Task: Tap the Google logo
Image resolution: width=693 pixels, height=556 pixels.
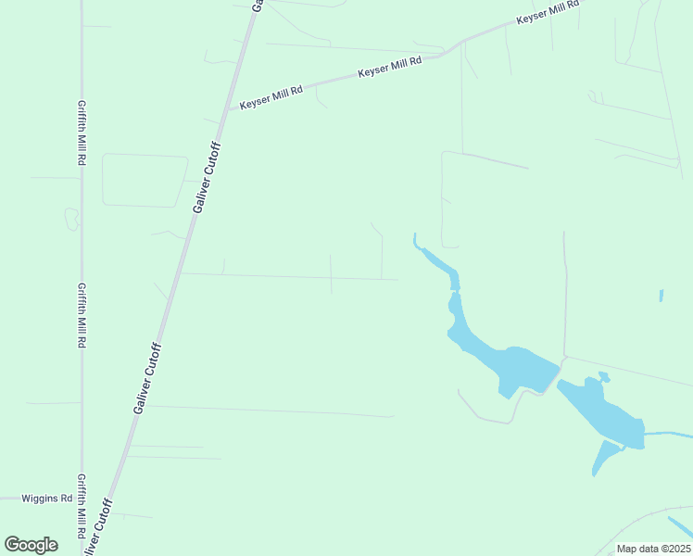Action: (31, 545)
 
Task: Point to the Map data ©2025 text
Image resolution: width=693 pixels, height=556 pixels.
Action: (654, 549)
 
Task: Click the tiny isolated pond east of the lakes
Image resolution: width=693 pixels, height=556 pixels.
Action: (661, 296)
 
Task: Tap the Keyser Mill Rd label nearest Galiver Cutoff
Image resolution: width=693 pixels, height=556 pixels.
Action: (271, 98)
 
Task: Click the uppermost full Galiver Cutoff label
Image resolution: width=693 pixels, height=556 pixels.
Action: (208, 178)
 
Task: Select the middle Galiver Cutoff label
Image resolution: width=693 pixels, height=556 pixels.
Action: (148, 378)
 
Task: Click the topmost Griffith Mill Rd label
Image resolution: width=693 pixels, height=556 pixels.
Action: (82, 133)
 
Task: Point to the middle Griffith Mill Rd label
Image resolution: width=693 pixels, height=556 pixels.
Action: (82, 315)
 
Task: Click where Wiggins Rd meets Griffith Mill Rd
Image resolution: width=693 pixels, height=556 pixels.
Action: (82, 499)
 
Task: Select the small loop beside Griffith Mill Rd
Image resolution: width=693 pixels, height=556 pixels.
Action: (71, 219)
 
